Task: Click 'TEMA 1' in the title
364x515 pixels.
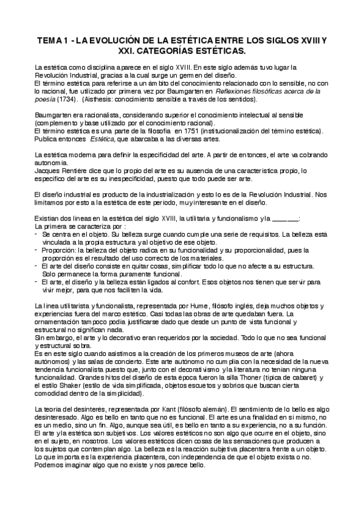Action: (54, 40)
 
